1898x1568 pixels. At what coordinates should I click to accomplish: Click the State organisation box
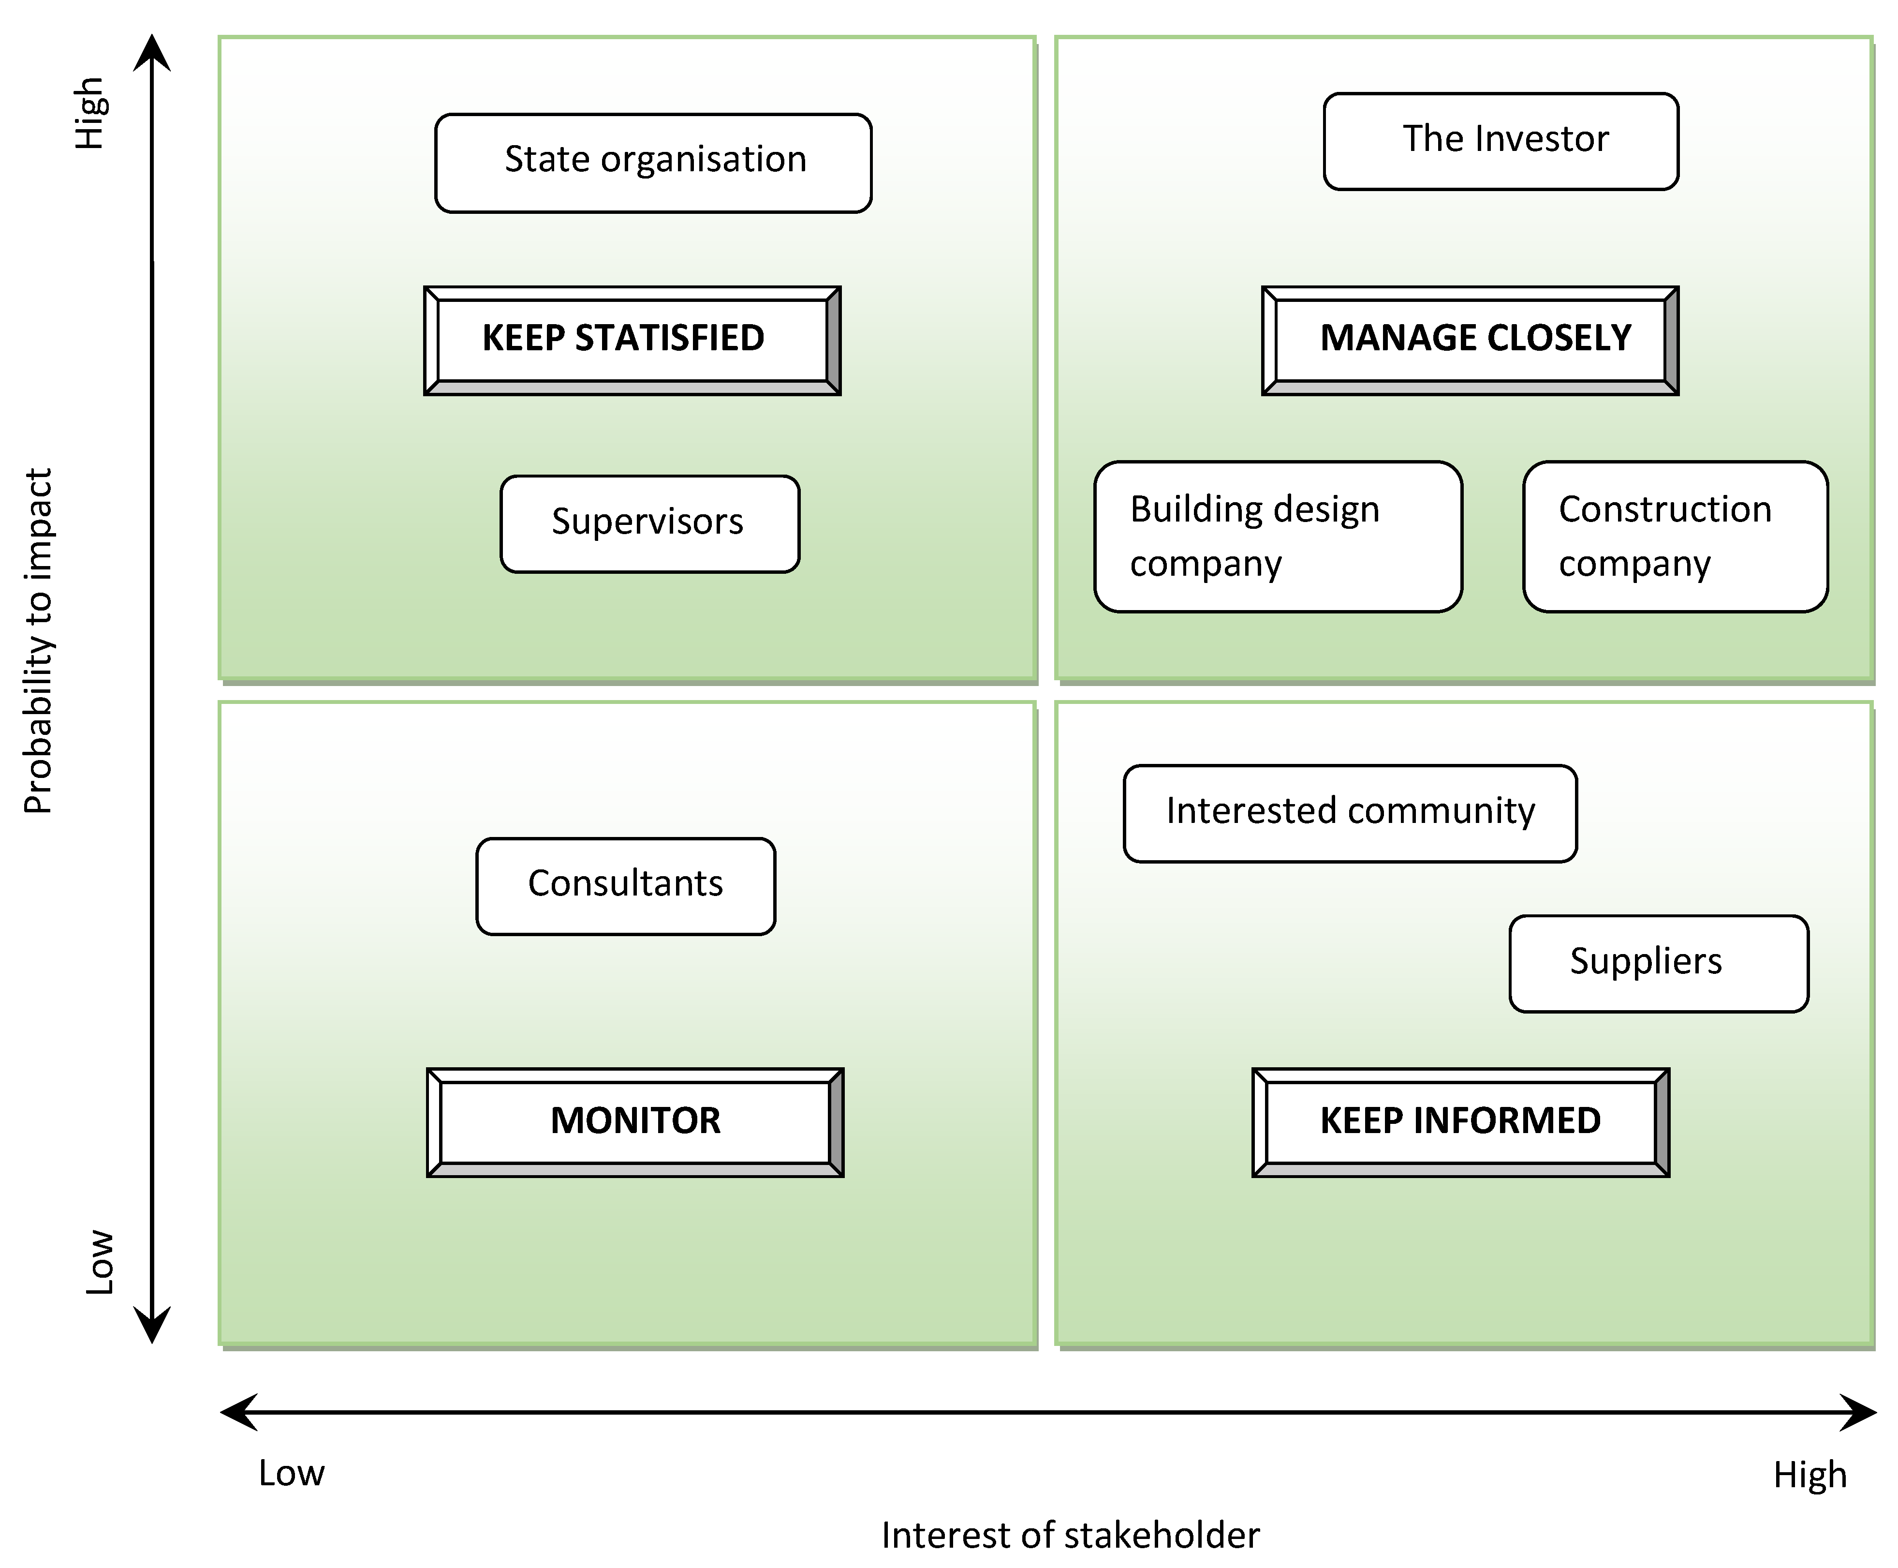pyautogui.click(x=653, y=163)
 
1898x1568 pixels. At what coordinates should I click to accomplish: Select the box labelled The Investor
pyautogui.click(x=1501, y=141)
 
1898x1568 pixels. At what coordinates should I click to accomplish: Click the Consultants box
pyautogui.click(x=625, y=885)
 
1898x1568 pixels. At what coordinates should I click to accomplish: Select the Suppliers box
pyautogui.click(x=1658, y=963)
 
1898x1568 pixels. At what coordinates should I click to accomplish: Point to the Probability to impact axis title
pyautogui.click(x=38, y=642)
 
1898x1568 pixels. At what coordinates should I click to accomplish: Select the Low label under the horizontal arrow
pyautogui.click(x=291, y=1473)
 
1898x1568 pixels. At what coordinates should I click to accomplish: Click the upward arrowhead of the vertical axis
pyautogui.click(x=152, y=52)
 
